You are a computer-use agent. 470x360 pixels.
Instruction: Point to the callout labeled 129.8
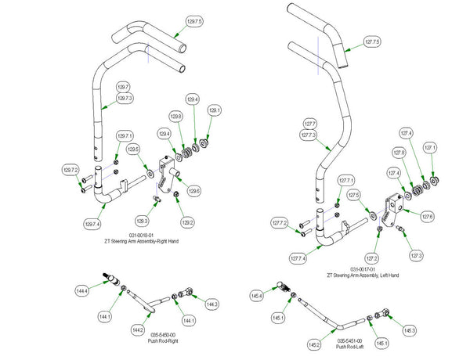[x=176, y=117]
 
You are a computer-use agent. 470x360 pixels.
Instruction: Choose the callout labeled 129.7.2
[x=71, y=170]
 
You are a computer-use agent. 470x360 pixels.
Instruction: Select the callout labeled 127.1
[x=430, y=146]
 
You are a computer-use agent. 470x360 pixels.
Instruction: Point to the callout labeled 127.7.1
[x=346, y=181]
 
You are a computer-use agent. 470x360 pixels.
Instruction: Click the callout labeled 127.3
[x=415, y=256]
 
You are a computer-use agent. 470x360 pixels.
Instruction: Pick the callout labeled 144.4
[x=81, y=290]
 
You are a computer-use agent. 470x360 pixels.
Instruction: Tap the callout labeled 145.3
[x=409, y=331]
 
